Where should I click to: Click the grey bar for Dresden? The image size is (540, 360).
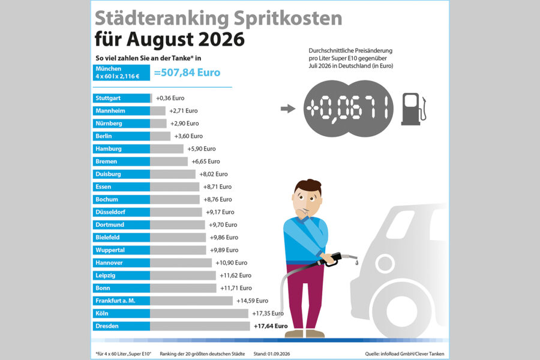pos(200,326)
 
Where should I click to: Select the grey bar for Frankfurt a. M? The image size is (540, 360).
pos(191,301)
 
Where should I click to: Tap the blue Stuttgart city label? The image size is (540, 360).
pos(121,98)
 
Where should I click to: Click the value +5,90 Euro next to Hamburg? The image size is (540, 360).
pos(202,149)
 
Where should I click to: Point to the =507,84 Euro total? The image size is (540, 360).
pos(187,73)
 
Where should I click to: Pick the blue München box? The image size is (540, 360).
pos(121,73)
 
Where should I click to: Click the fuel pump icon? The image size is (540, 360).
pos(413,109)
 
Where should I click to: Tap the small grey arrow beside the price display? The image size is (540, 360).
pos(288,109)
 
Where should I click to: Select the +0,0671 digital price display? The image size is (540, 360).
pos(348,109)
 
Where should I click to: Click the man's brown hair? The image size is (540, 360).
pos(308,187)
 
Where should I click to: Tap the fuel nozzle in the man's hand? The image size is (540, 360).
pos(339,259)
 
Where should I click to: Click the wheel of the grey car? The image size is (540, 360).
pos(401,311)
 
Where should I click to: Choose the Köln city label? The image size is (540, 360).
pos(121,313)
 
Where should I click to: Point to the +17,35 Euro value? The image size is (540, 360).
pos(268,313)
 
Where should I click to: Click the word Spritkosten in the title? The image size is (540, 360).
pos(288,19)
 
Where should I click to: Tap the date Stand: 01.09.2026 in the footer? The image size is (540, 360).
pos(272,354)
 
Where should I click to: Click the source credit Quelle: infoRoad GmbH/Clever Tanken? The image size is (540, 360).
pos(404,354)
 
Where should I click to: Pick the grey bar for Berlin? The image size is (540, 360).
pos(160,136)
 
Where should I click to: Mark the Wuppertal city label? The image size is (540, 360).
pos(121,250)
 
